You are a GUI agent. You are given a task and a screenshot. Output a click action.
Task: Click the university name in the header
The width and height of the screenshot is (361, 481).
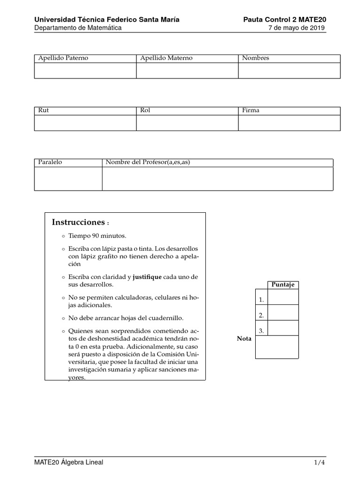[107, 19]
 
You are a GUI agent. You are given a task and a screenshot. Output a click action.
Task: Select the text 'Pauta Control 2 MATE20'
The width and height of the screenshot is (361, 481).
[284, 19]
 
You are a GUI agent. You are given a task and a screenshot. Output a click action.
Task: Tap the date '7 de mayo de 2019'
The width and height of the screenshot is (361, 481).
[296, 28]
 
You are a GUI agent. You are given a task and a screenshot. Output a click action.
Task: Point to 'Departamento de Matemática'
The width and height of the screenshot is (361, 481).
[78, 28]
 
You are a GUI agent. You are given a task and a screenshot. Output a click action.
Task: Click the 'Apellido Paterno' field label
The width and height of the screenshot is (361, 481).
[63, 58]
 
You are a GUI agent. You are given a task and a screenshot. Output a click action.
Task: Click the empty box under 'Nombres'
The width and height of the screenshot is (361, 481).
[289, 70]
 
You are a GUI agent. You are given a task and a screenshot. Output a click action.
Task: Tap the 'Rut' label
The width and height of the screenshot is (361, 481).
[44, 110]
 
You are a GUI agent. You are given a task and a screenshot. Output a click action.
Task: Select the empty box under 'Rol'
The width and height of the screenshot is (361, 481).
[187, 123]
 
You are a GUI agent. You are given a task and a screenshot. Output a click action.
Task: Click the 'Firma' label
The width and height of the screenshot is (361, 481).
[251, 110]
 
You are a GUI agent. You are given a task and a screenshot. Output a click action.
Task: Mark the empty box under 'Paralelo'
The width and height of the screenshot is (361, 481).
[68, 178]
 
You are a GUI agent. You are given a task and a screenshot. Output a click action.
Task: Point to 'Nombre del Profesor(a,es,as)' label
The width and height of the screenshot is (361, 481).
[148, 163]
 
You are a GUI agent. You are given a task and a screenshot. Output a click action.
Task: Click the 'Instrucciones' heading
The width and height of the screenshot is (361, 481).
[78, 222]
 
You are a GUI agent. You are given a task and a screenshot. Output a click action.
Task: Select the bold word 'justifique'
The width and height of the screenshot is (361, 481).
[147, 277]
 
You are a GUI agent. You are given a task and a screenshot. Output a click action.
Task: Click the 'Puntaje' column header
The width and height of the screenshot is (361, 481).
[283, 285]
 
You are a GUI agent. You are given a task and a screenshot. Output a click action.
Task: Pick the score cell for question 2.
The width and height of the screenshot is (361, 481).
[283, 312]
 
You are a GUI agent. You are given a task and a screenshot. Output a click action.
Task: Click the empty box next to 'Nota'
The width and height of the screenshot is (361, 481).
[277, 347]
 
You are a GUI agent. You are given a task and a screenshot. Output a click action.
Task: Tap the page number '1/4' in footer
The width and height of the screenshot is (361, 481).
[320, 462]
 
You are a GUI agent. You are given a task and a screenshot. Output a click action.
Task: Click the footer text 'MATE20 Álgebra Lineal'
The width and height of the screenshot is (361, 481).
[69, 462]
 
